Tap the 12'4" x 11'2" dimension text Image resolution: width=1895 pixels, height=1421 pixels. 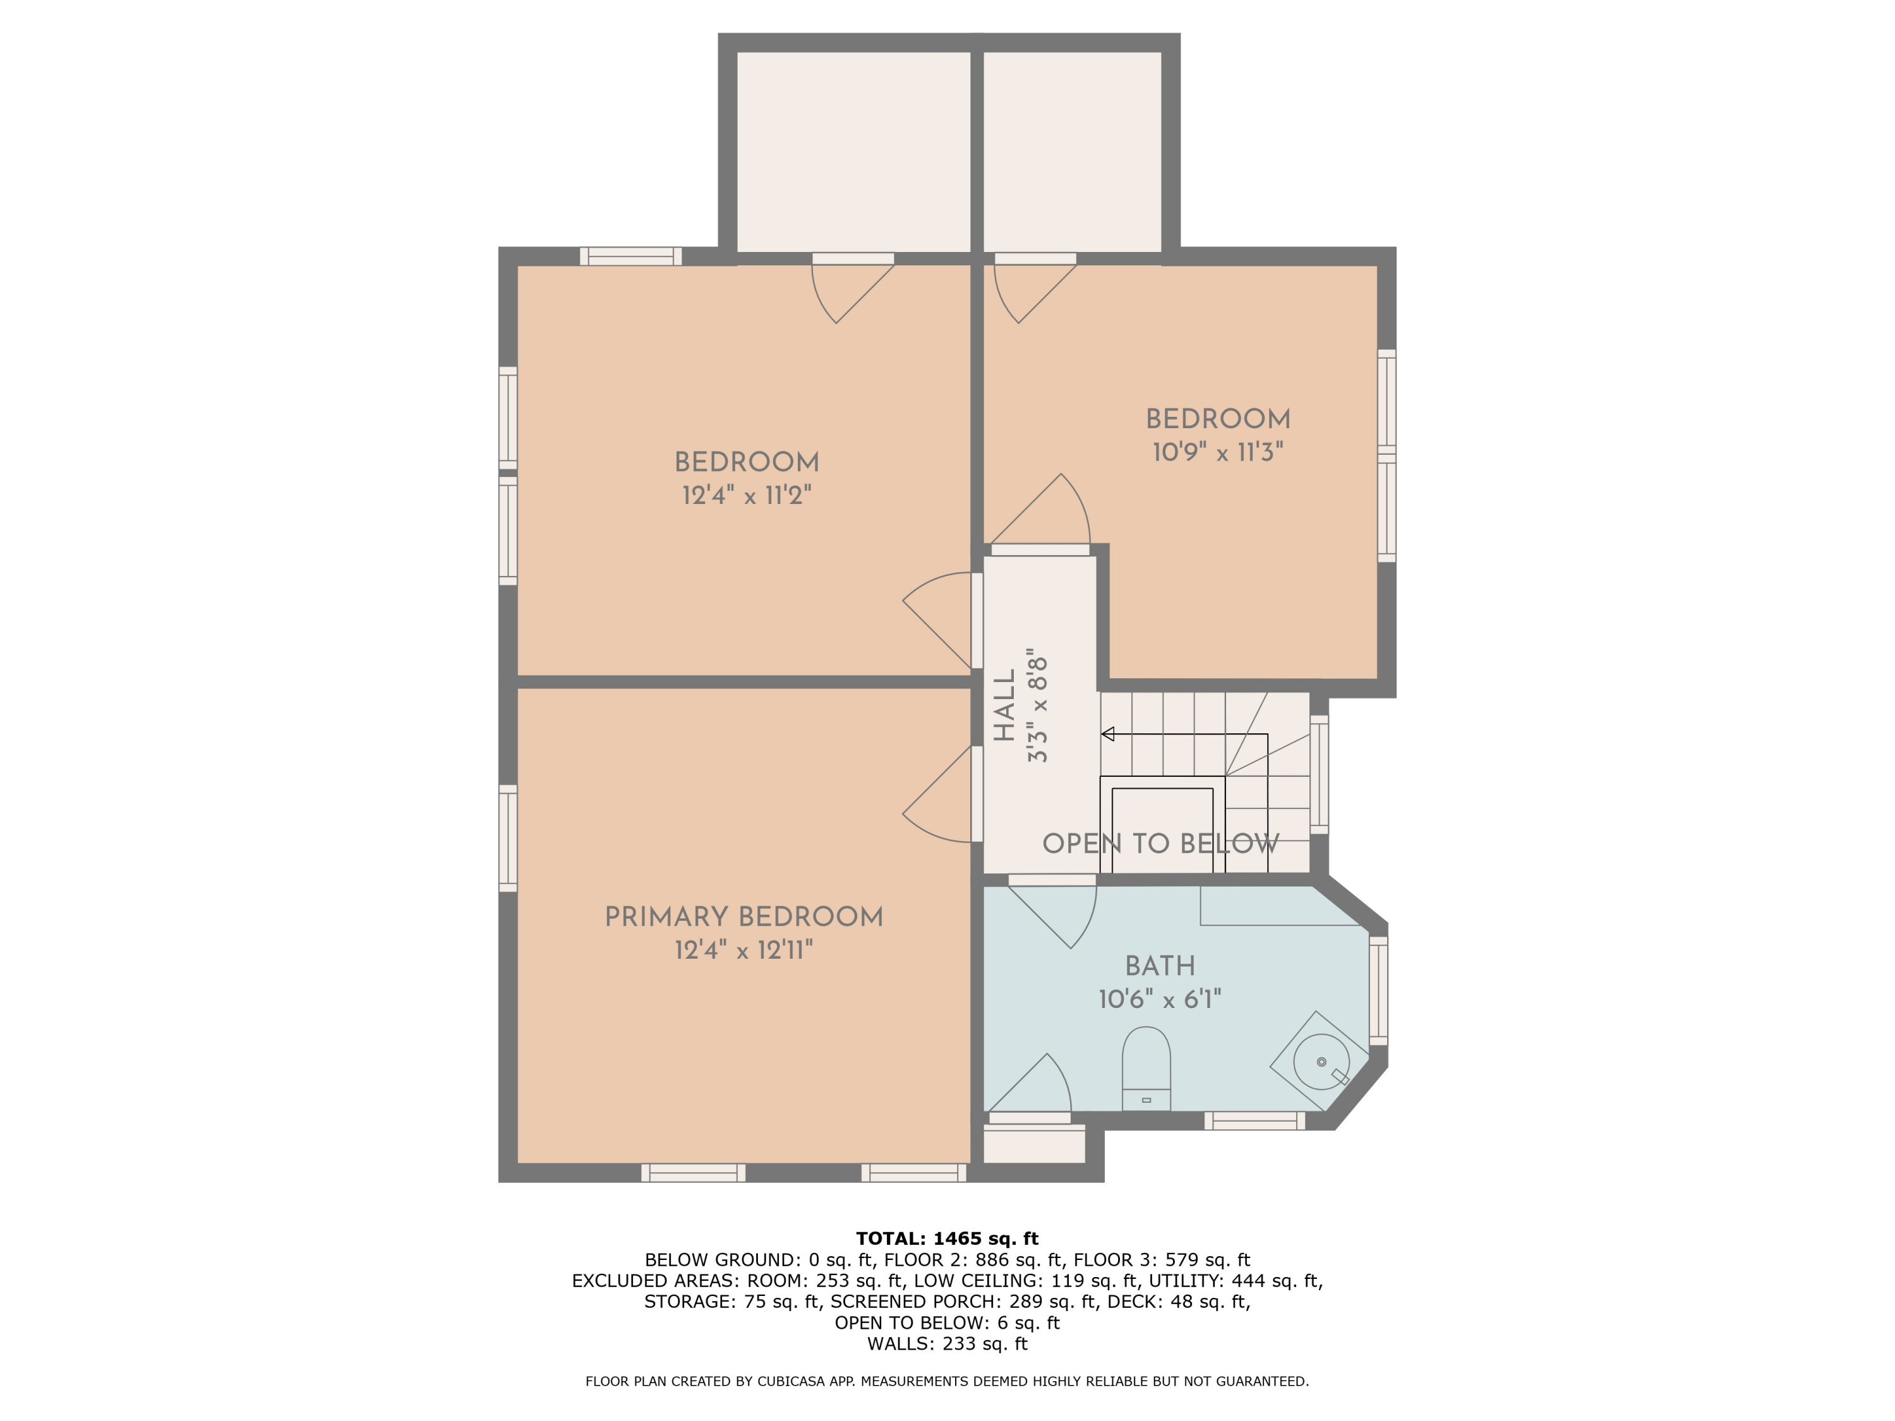[x=746, y=495]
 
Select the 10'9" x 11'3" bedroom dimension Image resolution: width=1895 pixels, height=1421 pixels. [x=1217, y=452]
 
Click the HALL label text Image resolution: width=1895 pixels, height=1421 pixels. [x=1004, y=705]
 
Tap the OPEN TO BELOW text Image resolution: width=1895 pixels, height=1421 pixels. [x=1160, y=844]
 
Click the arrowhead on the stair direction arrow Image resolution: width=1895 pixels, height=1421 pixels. [x=1108, y=734]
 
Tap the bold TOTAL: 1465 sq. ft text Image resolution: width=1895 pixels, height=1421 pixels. [x=947, y=1238]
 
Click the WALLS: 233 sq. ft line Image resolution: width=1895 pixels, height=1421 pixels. [x=947, y=1344]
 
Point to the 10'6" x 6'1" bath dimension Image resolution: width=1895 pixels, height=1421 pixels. [x=1159, y=998]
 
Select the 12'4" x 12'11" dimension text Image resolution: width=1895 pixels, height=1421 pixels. [x=743, y=950]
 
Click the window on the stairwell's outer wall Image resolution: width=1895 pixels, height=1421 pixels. [x=1320, y=774]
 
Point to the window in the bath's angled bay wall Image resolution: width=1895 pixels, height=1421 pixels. [x=1378, y=990]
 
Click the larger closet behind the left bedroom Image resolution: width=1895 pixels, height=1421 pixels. [x=853, y=152]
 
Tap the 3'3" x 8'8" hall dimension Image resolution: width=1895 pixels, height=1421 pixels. [x=1037, y=705]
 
